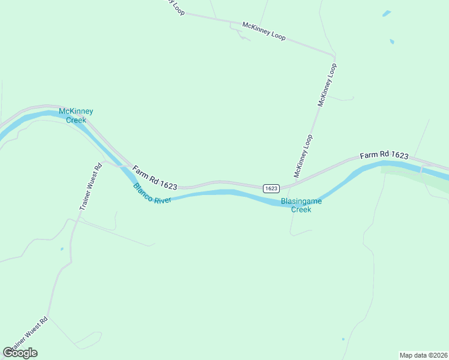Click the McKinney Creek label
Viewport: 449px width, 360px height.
click(76, 116)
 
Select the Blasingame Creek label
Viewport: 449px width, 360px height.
click(301, 205)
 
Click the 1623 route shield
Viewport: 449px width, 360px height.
click(271, 188)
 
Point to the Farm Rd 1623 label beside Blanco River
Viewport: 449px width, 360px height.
click(155, 178)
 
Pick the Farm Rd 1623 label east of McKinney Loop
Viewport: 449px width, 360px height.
click(384, 155)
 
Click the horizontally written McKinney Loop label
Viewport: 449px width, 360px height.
click(264, 31)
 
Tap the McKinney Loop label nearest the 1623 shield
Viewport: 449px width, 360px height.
click(304, 156)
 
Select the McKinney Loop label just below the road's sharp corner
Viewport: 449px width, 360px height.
click(328, 85)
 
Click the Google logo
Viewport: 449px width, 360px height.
click(20, 353)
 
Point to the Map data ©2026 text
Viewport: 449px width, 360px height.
click(423, 355)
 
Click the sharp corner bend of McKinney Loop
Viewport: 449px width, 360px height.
click(333, 55)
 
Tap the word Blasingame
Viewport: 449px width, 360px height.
click(301, 202)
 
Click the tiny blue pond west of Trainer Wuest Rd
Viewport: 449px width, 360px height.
click(62, 248)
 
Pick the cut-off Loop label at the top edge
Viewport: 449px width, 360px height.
click(175, 6)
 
